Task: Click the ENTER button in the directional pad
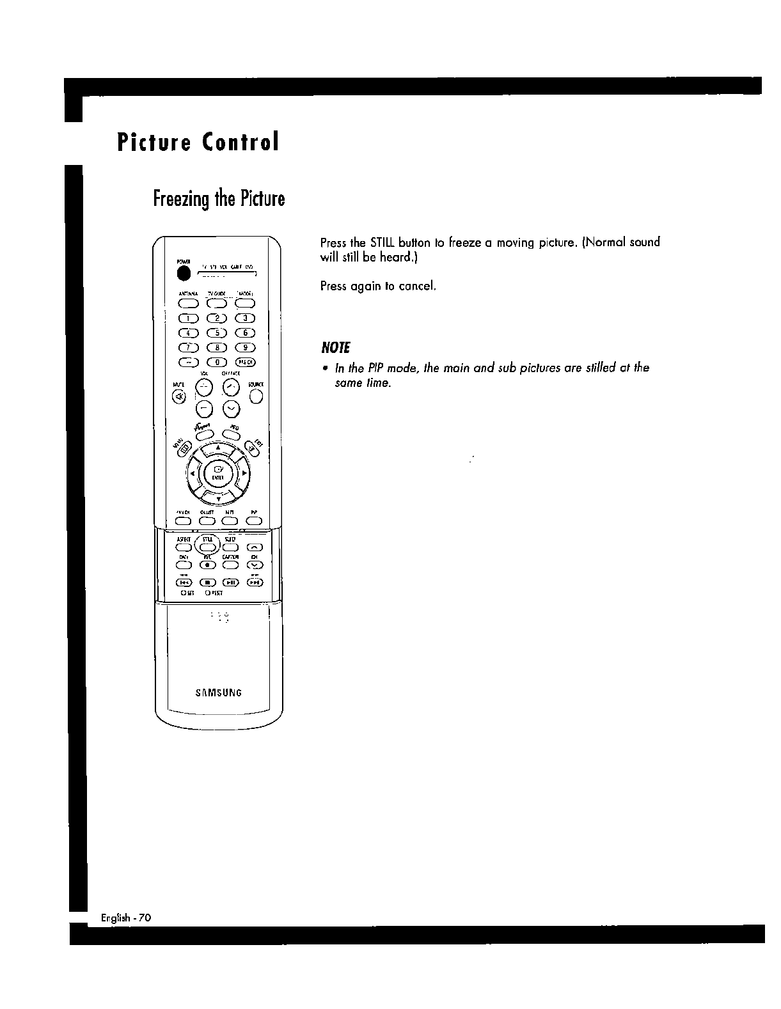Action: coord(217,475)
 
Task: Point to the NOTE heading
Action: coord(336,348)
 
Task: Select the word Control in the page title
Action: coord(241,142)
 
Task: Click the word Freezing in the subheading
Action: coord(182,199)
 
